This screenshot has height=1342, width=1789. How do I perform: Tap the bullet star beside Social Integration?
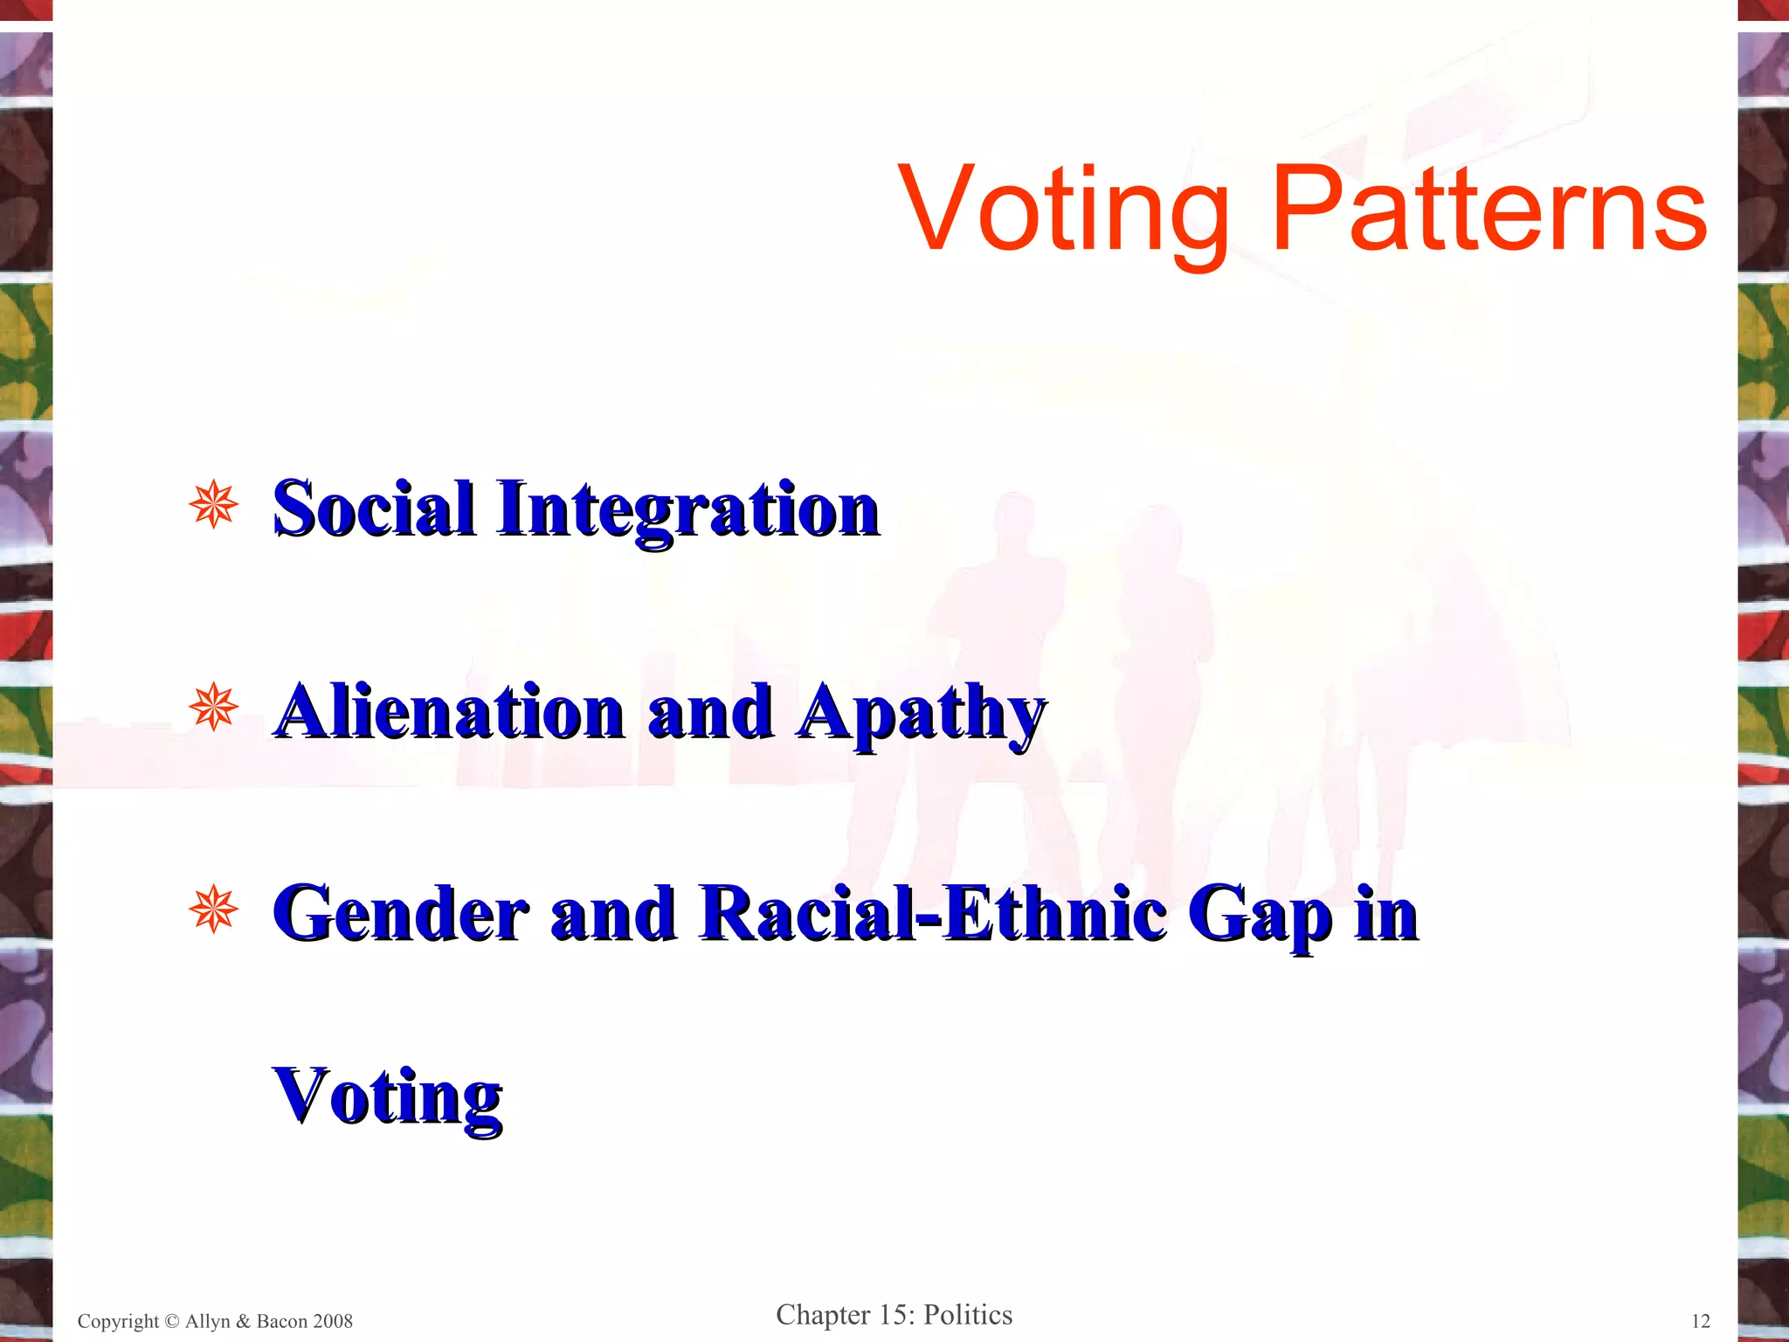coord(213,504)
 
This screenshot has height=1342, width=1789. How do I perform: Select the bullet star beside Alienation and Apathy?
coord(213,707)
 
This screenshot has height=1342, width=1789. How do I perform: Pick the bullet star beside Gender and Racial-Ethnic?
coord(213,910)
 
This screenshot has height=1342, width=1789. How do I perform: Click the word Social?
coord(373,508)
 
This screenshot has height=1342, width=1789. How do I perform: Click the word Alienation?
coord(449,711)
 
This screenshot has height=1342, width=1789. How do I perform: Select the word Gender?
coord(401,914)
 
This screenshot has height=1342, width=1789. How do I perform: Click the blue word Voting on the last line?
coord(387,1097)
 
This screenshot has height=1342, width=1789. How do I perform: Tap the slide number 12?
coord(1700,1321)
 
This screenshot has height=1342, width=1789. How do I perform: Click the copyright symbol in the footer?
coord(171,1321)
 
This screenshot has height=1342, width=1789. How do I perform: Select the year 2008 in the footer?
coord(333,1321)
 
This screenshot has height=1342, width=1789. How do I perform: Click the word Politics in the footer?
coord(968,1314)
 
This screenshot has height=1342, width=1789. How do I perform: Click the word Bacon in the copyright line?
coord(281,1321)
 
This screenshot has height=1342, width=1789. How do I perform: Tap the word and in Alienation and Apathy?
coord(709,711)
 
